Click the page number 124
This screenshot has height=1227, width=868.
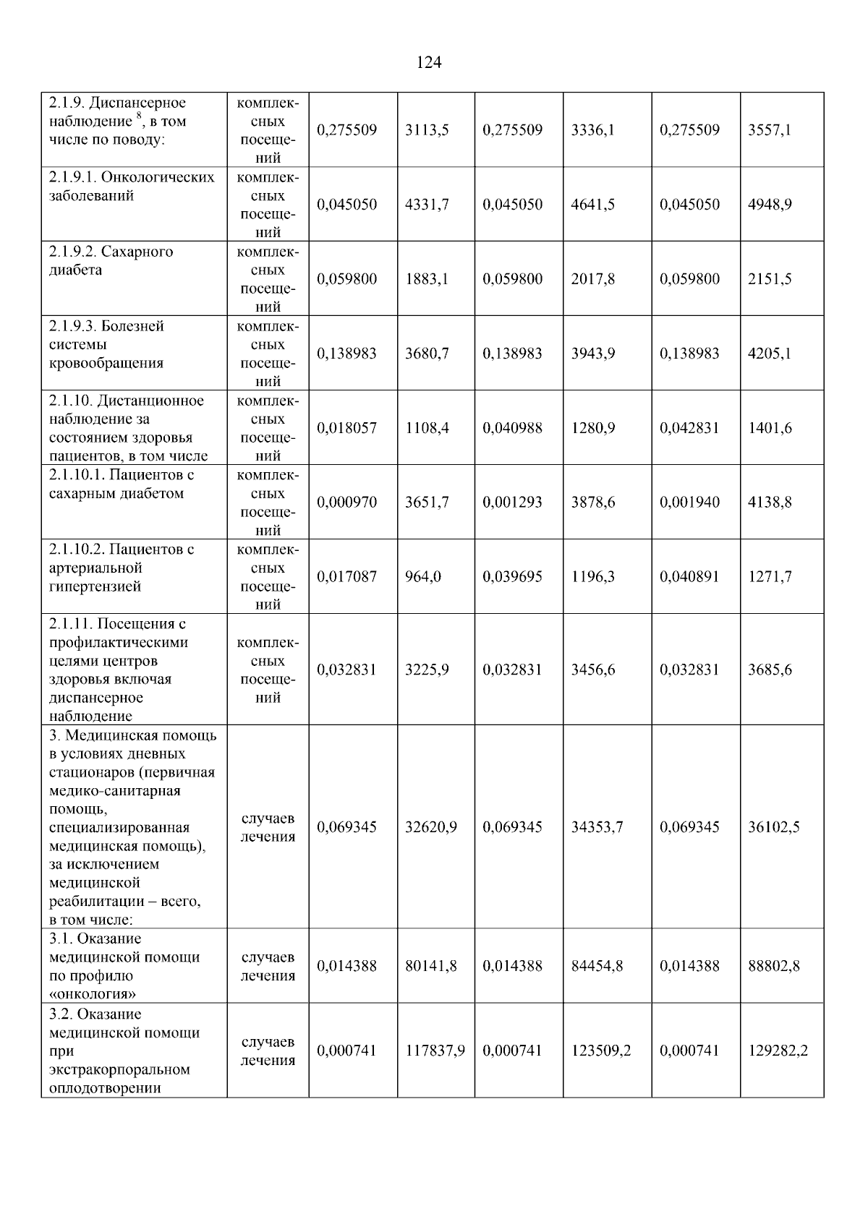(429, 63)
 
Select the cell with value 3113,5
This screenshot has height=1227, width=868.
(427, 130)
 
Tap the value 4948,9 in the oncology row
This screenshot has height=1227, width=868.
(770, 205)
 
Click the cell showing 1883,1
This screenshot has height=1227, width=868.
(427, 279)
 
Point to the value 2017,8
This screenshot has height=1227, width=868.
(593, 279)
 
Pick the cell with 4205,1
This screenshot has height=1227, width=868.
(770, 354)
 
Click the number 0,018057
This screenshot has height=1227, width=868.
(346, 428)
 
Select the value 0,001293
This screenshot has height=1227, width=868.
(512, 503)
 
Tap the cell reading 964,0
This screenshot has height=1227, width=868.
(423, 577)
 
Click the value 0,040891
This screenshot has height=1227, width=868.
(689, 577)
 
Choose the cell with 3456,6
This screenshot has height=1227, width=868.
(593, 670)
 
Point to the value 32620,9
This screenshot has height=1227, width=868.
(430, 827)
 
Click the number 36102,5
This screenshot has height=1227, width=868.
(773, 827)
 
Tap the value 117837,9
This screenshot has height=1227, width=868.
(435, 1051)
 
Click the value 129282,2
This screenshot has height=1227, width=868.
(778, 1051)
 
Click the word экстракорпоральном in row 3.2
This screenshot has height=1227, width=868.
(119, 1069)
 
